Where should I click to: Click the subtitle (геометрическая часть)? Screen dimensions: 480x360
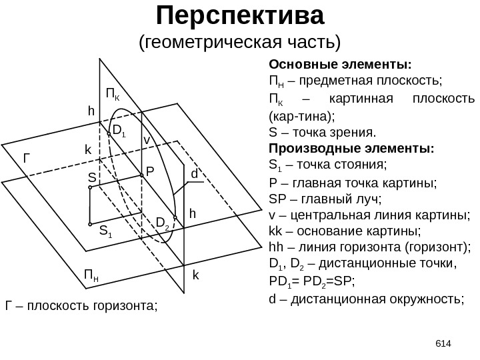click(x=239, y=42)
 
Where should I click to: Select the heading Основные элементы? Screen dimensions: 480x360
click(x=340, y=65)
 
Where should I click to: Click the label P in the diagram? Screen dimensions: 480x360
click(x=150, y=171)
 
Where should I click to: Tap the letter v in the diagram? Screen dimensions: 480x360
click(x=147, y=141)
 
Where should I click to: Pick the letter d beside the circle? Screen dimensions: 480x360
click(x=195, y=174)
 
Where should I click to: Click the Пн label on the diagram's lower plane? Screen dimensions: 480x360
click(x=92, y=274)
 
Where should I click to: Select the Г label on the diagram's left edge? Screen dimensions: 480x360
click(x=27, y=159)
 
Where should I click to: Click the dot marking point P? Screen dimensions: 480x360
click(x=142, y=177)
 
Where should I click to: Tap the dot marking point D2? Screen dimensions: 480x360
click(x=175, y=218)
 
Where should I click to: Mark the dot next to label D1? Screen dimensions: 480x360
click(x=109, y=132)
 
